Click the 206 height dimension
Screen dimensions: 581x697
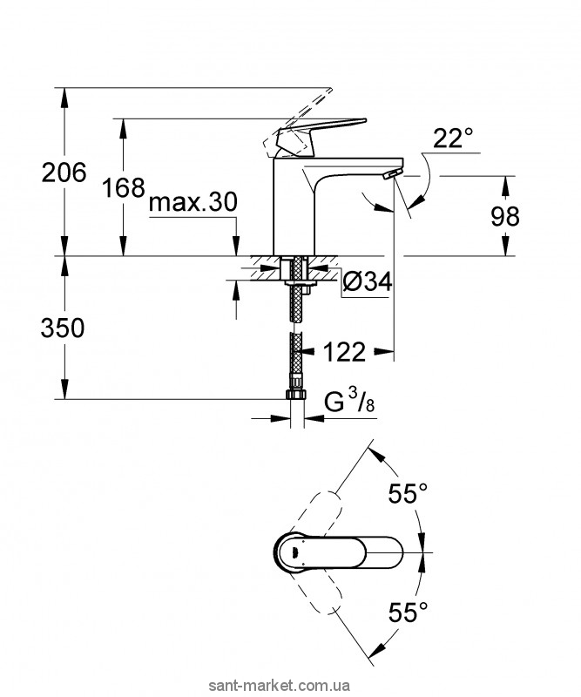pyautogui.click(x=64, y=172)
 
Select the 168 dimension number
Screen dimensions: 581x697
pyautogui.click(x=124, y=187)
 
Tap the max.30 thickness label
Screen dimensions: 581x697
pyautogui.click(x=193, y=203)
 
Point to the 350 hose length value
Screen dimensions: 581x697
pyautogui.click(x=63, y=328)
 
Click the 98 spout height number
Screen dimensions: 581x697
pyautogui.click(x=505, y=216)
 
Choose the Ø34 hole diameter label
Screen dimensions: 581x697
pyautogui.click(x=368, y=281)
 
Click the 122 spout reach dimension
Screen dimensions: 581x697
pyautogui.click(x=345, y=352)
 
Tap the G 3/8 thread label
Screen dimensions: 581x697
pyautogui.click(x=349, y=402)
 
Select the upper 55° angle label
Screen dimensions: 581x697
pyautogui.click(x=408, y=493)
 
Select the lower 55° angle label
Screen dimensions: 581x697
pyautogui.click(x=408, y=612)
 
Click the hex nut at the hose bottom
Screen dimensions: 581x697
pyautogui.click(x=295, y=395)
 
